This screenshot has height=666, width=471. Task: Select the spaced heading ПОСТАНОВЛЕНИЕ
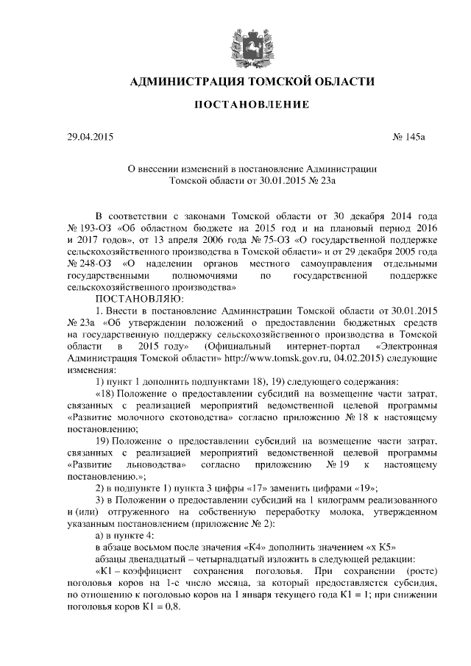pos(251,105)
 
